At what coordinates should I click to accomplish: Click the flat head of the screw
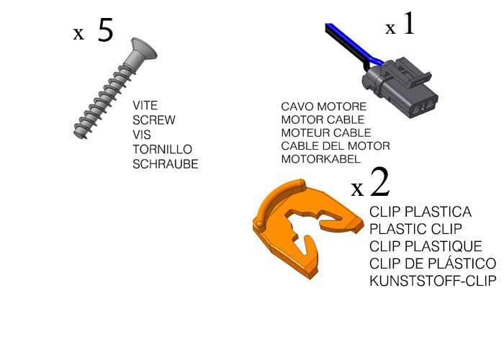(144, 49)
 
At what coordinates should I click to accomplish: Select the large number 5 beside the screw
(105, 30)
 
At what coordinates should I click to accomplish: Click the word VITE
(145, 105)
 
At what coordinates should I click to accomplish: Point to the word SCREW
(154, 120)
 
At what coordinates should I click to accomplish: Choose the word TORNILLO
(162, 150)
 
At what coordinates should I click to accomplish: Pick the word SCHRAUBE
(165, 164)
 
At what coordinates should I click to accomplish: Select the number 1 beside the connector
(409, 23)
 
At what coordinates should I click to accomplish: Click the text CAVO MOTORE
(324, 107)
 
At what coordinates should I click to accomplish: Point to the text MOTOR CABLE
(323, 120)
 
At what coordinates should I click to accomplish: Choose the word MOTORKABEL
(321, 159)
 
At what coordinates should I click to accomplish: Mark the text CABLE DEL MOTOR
(336, 146)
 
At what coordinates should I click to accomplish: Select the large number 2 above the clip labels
(380, 182)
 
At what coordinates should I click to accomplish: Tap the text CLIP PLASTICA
(420, 212)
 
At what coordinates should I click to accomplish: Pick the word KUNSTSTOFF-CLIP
(433, 282)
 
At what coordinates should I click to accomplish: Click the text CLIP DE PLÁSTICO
(433, 264)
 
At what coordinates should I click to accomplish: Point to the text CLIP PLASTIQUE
(426, 246)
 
